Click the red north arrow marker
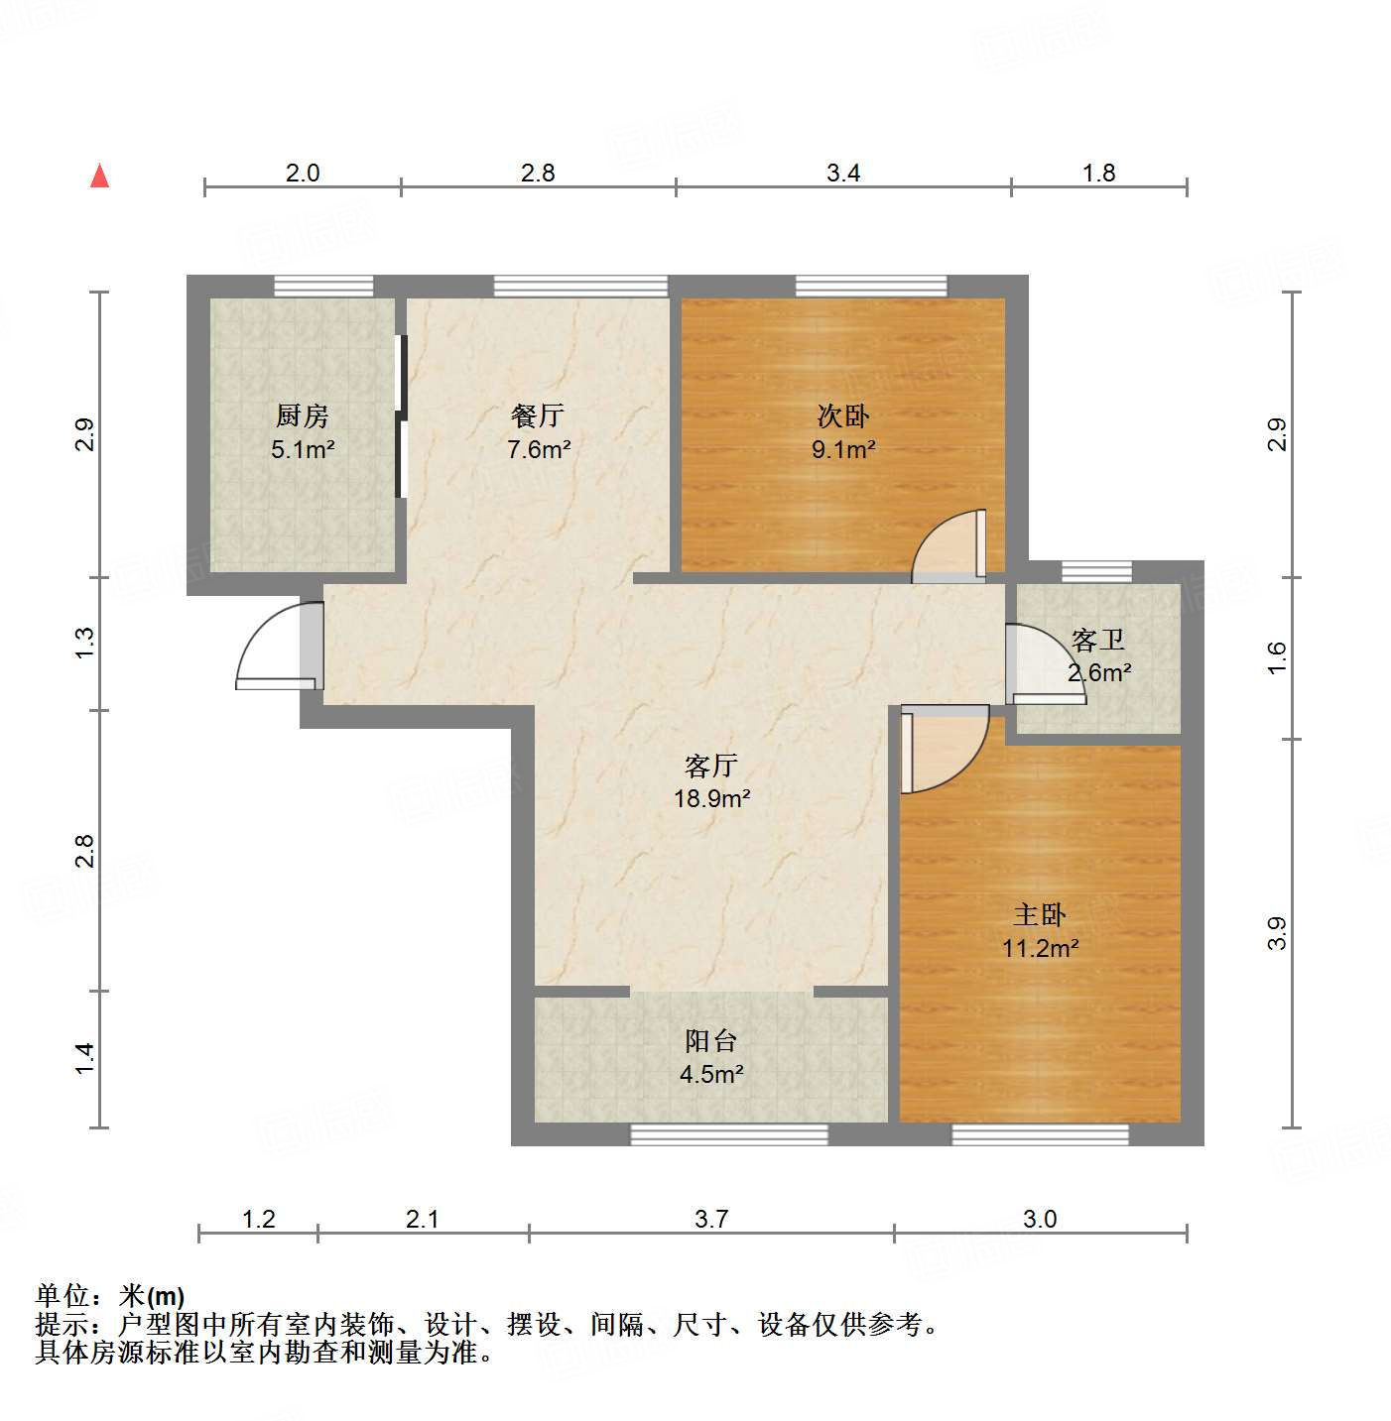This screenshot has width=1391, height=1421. (x=99, y=176)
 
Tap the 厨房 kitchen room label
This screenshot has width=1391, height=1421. (x=303, y=415)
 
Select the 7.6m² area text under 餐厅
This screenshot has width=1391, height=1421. (x=539, y=449)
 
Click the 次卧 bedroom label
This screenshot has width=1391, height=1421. (x=843, y=415)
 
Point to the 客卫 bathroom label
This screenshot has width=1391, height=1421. (x=1098, y=640)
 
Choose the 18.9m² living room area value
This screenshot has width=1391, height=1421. (x=711, y=798)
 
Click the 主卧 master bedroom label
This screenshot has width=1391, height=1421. (x=1040, y=914)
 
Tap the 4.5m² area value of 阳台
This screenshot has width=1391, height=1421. (x=711, y=1074)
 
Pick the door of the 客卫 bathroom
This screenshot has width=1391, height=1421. (x=1042, y=664)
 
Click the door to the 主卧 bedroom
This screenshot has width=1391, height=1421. (x=943, y=749)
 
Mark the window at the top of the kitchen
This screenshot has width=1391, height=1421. (x=323, y=287)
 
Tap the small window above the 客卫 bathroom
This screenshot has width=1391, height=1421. (x=1096, y=571)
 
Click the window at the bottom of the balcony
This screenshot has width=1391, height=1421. (x=729, y=1134)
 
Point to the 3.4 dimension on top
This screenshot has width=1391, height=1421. (x=843, y=173)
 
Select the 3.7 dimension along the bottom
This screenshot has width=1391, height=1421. (x=711, y=1219)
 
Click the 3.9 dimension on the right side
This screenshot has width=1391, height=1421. (x=1277, y=933)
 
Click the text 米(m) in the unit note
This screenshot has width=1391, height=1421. (x=152, y=1296)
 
